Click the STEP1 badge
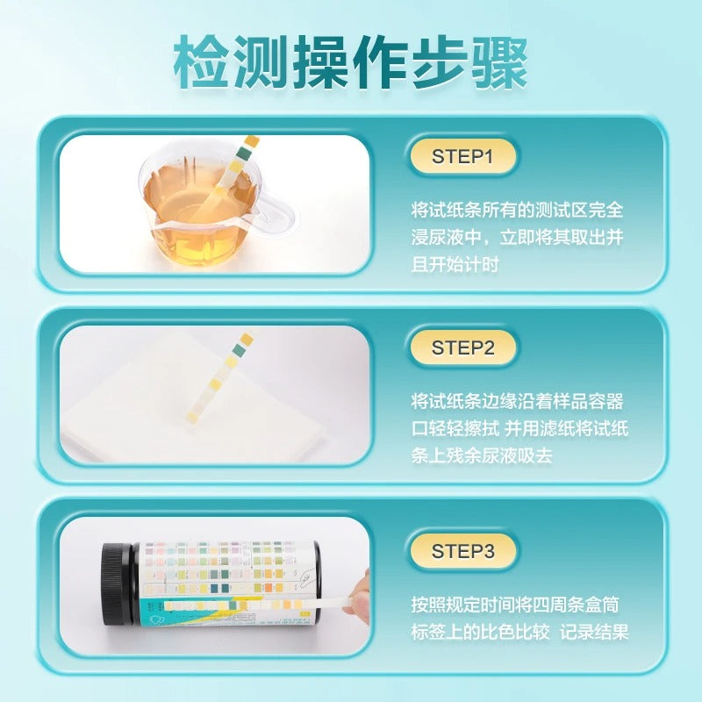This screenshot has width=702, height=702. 463,157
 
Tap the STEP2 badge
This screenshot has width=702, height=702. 463,347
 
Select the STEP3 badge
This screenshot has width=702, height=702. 463,551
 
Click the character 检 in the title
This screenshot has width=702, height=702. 201,61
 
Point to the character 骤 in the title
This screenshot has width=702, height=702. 500,61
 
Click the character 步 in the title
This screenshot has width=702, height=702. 441,61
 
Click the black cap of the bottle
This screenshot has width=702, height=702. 118,584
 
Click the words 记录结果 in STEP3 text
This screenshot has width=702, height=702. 595,632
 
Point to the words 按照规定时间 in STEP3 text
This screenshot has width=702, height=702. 463,605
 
